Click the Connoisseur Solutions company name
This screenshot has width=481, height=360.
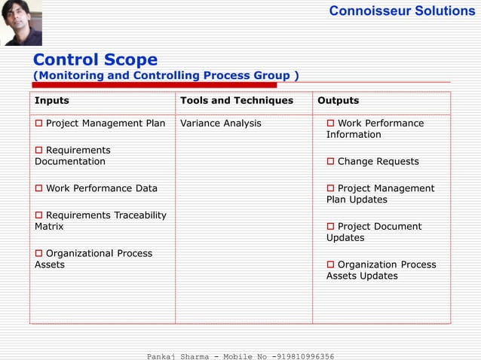pyautogui.click(x=402, y=11)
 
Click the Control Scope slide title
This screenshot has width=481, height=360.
pyautogui.click(x=95, y=59)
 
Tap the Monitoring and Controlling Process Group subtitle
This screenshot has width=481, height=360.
pyautogui.click(x=165, y=75)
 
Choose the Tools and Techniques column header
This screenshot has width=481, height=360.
pyautogui.click(x=236, y=100)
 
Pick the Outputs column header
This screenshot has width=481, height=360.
pyautogui.click(x=339, y=100)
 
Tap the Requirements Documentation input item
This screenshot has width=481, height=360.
pyautogui.click(x=72, y=156)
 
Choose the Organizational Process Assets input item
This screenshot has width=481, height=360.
pyautogui.click(x=93, y=258)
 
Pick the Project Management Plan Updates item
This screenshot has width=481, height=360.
pyautogui.click(x=381, y=194)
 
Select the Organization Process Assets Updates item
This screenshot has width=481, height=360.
pyautogui.click(x=381, y=270)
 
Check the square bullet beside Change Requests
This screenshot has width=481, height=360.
pyautogui.click(x=330, y=161)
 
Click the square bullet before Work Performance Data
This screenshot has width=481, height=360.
pyautogui.click(x=38, y=188)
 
